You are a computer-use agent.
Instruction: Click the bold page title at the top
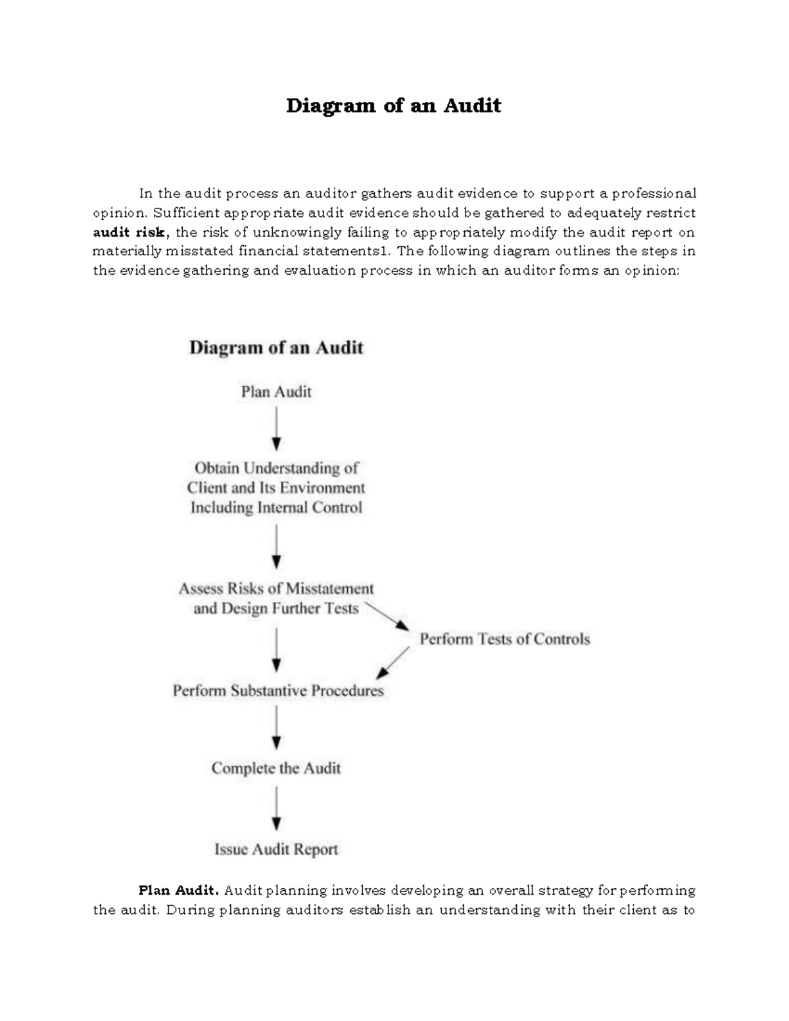pos(393,106)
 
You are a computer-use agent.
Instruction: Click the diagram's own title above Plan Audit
pos(276,348)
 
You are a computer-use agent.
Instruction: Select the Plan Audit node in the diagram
pos(276,392)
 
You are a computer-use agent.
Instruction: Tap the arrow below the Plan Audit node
pos(277,428)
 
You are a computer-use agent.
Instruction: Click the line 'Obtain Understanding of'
pos(276,468)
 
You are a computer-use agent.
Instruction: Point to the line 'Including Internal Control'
pos(276,508)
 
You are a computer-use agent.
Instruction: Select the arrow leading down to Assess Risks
pos(277,546)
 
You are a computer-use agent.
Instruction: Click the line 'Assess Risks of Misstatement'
pos(276,588)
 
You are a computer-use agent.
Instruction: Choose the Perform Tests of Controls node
pos(504,639)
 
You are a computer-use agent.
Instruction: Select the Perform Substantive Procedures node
pos(278,691)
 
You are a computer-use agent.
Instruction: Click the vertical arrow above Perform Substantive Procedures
pos(277,650)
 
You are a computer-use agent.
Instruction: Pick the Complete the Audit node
pos(276,769)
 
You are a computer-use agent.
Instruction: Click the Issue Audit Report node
pos(276,849)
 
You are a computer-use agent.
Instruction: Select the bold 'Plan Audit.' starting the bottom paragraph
pos(178,891)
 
